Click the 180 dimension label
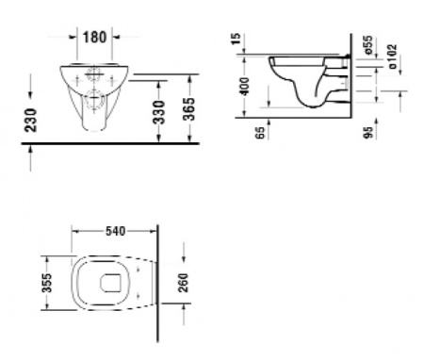[94, 37]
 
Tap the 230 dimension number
[31, 120]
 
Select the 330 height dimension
[159, 112]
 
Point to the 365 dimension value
[189, 109]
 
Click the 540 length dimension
[115, 232]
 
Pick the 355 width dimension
[47, 283]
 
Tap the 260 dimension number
[183, 283]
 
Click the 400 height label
[245, 87]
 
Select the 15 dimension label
[236, 39]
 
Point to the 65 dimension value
[260, 132]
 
